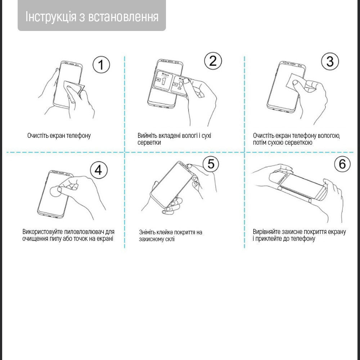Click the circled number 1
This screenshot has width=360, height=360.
point(101,65)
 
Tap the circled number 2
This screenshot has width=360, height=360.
point(213,61)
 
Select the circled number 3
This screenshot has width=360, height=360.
point(330,62)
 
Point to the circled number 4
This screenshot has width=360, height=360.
point(98,170)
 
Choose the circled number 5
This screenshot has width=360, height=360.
point(211,164)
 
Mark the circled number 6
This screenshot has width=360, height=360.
point(342,164)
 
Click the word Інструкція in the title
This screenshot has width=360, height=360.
point(50,17)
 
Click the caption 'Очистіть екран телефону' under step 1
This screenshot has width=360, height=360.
point(59,136)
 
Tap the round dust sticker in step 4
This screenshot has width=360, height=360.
point(55,192)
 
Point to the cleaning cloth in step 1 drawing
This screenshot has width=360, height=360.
point(73,87)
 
